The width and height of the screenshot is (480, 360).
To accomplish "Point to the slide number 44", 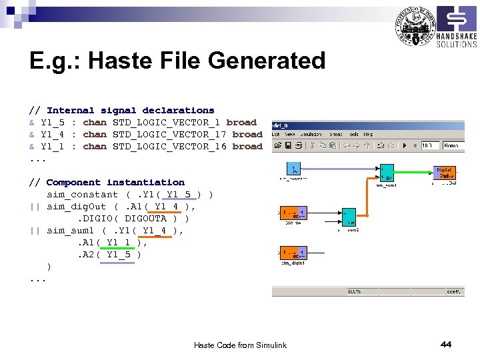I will tap(446, 344).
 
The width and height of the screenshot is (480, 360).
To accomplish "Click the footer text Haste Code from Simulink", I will tap(240, 345).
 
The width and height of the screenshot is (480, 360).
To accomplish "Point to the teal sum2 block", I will tap(349, 217).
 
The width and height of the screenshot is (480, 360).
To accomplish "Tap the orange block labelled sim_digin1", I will tap(293, 253).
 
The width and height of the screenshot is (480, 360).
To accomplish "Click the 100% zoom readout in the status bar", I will tap(354, 291).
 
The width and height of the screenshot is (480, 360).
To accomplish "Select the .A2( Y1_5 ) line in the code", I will tap(110, 254).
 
